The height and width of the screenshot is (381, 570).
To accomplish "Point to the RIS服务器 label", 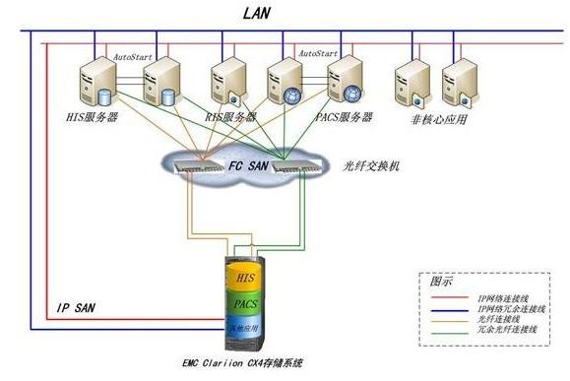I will (x=229, y=117).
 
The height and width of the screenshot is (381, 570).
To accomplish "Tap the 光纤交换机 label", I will (x=371, y=166).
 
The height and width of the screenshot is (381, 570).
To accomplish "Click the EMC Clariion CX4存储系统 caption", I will (x=248, y=364).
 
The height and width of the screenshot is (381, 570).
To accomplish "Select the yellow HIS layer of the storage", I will (x=246, y=281).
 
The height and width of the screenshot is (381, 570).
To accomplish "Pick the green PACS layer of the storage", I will (x=246, y=304).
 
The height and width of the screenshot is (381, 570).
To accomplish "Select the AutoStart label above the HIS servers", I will (x=132, y=57).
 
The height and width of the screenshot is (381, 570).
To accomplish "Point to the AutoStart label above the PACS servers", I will (x=317, y=53).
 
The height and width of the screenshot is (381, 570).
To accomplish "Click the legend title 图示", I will (x=442, y=281).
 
